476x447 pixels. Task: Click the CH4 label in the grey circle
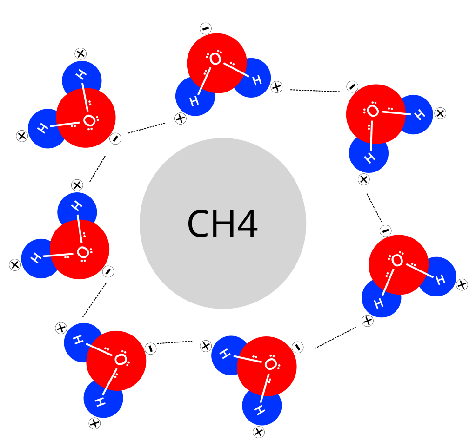click(222, 224)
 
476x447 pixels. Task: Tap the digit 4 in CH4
click(247, 224)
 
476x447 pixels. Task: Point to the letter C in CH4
click(198, 224)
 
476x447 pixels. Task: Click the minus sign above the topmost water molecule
click(206, 29)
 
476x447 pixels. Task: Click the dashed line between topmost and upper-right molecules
click(315, 90)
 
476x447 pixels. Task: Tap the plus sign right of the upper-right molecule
click(440, 112)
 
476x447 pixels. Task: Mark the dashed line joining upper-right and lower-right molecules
click(374, 207)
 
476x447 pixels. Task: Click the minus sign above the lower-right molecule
click(385, 230)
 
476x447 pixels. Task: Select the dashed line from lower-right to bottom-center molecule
click(335, 338)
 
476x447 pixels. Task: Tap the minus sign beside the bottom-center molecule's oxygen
click(298, 346)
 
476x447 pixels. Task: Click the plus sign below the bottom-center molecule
click(259, 432)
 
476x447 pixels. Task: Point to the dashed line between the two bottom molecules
click(174, 342)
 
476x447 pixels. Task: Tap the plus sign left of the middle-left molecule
click(15, 265)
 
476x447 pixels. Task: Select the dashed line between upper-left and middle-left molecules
click(97, 169)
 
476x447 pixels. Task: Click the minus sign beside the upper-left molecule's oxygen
click(114, 138)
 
